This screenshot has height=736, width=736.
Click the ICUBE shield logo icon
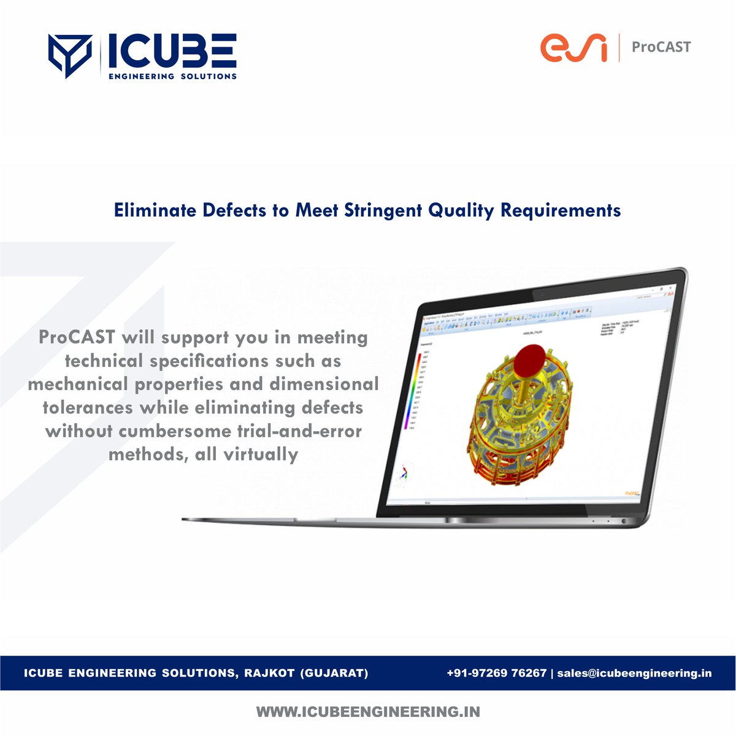pos(69,56)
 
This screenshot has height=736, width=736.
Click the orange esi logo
pos(573,48)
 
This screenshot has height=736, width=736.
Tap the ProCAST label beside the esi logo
pos(661,47)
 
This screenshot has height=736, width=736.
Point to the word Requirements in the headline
pos(561,210)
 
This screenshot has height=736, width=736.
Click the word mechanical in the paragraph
pos(78,384)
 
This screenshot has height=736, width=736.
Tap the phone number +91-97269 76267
pos(496,673)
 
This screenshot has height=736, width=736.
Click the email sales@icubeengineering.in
pos(634,673)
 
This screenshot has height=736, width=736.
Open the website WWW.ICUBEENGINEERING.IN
pos(368,712)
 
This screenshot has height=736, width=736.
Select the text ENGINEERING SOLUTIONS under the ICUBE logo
pos(172,76)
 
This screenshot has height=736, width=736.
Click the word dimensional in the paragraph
pos(324,384)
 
